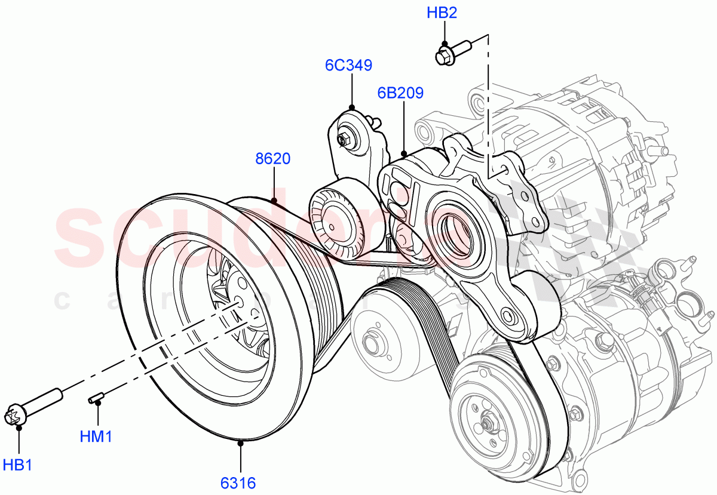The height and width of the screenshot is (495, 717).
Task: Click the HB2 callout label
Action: click(x=442, y=13)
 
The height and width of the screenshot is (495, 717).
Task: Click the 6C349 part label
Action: click(x=348, y=65)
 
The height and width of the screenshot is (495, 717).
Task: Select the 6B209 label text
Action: click(x=400, y=93)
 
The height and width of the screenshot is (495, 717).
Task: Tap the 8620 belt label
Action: click(x=273, y=159)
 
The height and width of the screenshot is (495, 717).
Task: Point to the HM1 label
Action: click(x=96, y=436)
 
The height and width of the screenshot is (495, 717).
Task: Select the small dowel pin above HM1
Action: click(x=97, y=397)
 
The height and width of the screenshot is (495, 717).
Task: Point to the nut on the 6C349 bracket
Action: click(x=344, y=140)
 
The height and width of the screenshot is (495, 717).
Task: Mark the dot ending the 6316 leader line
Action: click(x=240, y=443)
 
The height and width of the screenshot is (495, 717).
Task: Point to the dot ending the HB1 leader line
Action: click(x=19, y=427)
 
